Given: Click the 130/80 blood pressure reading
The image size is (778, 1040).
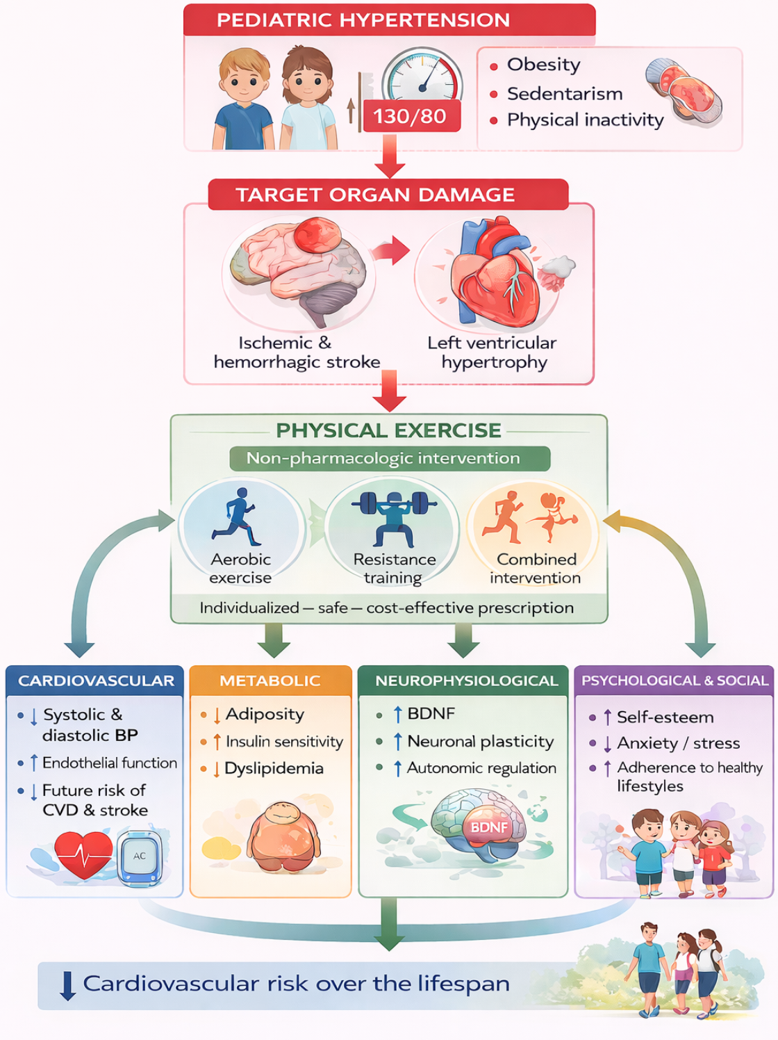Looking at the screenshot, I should tap(409, 116).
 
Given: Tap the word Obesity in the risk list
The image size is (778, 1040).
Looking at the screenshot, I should tap(543, 65).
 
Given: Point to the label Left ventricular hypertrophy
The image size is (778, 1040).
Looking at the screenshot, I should tap(492, 352).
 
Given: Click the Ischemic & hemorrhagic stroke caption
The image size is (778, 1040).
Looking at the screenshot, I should tap(297, 352).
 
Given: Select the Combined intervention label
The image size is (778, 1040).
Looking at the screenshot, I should tap(536, 569).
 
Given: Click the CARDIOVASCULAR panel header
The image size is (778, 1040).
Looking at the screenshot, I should tap(96, 681).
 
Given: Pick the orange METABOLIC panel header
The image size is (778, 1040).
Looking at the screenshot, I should tap(270, 681).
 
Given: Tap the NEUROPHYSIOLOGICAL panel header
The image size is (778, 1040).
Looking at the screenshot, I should tap(466, 681).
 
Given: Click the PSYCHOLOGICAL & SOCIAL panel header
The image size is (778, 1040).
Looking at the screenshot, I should tap(674, 681).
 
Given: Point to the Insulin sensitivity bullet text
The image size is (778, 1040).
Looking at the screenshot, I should tap(284, 742).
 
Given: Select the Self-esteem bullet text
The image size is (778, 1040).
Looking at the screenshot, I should tap(665, 717).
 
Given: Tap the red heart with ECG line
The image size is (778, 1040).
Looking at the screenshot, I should tap(84, 854).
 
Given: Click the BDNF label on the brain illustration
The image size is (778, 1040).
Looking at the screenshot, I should tap(489, 827).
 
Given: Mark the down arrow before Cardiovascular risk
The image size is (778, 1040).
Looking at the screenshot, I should tap(67, 985).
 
